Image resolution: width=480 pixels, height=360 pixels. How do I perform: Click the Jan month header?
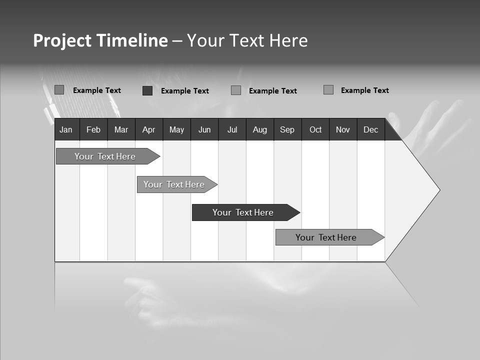(x=66, y=129)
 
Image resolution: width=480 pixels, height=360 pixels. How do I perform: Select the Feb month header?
(x=93, y=129)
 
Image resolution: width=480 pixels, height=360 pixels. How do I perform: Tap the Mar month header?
(x=121, y=129)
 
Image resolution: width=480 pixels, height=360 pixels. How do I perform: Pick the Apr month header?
(x=149, y=129)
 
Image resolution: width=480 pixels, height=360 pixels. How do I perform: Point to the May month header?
(x=176, y=129)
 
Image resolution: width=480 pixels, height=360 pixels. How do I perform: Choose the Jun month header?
(x=204, y=129)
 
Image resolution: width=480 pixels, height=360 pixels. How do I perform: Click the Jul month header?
(x=232, y=129)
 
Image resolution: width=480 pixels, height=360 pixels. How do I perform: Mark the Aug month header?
(x=260, y=129)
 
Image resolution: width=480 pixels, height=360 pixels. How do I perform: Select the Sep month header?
(x=287, y=129)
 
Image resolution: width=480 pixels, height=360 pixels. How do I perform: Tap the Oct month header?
(x=315, y=129)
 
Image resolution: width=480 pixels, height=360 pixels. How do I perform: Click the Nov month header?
(x=343, y=129)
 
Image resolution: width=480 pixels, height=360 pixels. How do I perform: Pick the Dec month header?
(x=371, y=129)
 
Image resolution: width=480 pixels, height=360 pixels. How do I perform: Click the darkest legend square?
(x=147, y=90)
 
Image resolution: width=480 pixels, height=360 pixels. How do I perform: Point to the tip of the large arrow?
(x=438, y=189)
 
